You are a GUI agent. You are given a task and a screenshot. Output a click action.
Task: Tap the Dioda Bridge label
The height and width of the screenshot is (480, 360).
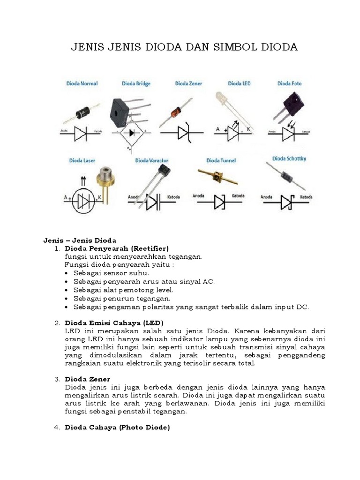(136, 83)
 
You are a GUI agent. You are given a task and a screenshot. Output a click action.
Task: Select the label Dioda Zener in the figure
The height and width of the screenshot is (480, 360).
(188, 83)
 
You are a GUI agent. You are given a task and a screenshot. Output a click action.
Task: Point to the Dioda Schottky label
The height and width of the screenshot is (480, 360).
(289, 159)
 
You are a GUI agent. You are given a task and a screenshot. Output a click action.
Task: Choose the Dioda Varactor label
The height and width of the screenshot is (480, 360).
(151, 160)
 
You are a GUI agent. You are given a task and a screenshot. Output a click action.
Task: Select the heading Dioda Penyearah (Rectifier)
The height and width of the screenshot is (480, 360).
(117, 247)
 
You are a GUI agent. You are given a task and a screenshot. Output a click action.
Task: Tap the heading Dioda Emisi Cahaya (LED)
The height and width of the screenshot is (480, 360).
(114, 323)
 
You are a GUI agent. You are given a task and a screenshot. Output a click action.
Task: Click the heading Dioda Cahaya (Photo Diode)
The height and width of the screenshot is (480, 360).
(117, 427)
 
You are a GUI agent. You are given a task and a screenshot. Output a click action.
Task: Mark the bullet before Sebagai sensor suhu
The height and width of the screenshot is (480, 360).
(68, 273)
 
